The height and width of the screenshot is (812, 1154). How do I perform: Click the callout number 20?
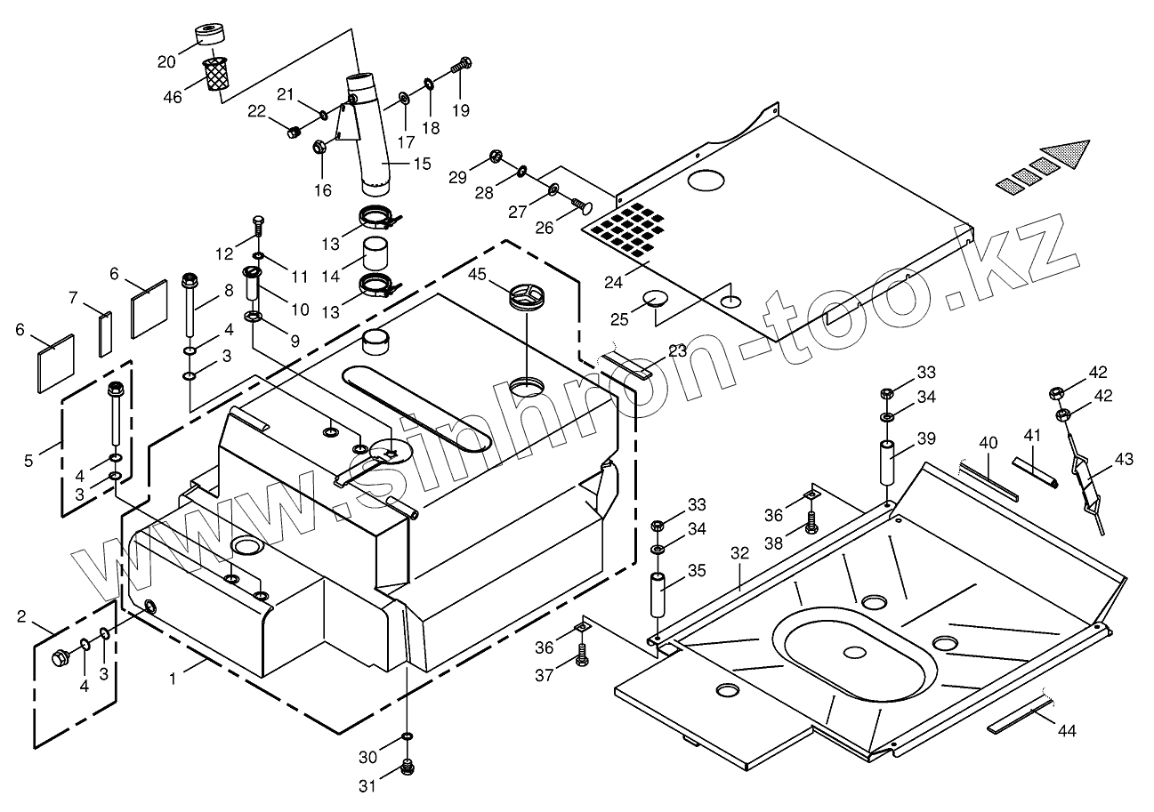(166, 61)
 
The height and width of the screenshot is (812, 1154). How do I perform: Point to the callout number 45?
(478, 275)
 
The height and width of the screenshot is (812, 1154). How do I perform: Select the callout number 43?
(1124, 460)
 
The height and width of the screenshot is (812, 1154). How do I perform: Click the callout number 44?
(1067, 731)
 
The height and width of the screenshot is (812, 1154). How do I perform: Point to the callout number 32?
(740, 553)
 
